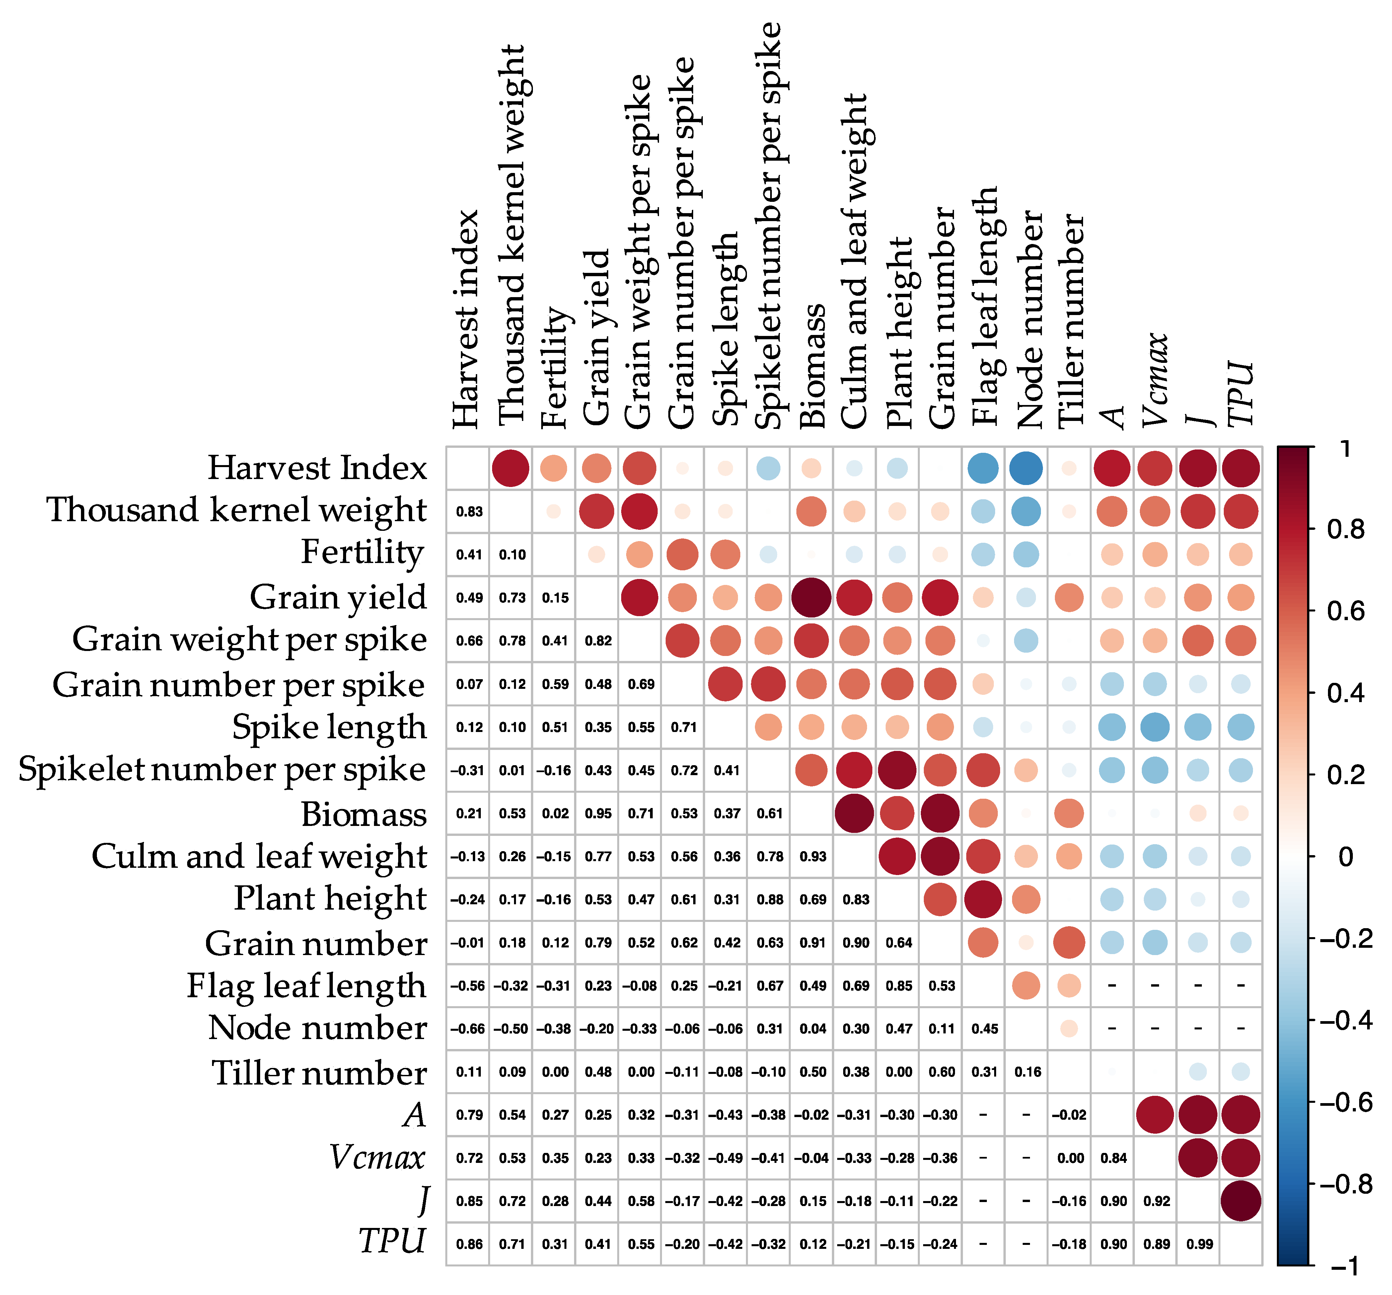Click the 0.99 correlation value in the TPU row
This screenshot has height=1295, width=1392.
click(x=1200, y=1244)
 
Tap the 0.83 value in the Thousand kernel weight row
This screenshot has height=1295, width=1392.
click(x=469, y=511)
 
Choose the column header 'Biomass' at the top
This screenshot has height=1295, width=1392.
click(x=812, y=365)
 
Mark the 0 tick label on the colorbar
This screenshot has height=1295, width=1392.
click(x=1345, y=856)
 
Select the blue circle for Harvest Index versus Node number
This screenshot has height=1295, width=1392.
click(x=1026, y=468)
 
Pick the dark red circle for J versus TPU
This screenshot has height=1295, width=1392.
click(x=1241, y=1200)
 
